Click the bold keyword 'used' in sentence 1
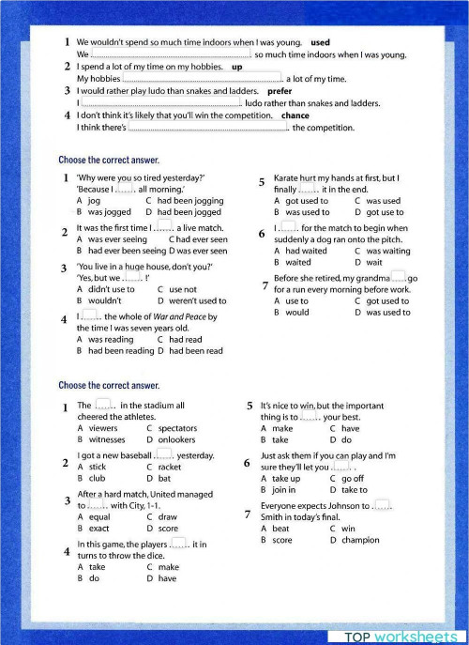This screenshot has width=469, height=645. pos(320,42)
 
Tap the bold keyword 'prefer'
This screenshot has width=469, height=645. pos(280,91)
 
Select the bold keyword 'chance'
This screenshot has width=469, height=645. pos(295,115)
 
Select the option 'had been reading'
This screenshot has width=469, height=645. pos(120,351)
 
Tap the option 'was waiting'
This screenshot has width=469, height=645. pos(387,251)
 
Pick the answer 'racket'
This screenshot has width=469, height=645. pos(170,467)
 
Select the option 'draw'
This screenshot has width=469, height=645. pos(168,516)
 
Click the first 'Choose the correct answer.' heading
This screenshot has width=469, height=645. pos(109,161)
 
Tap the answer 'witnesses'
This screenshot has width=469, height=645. pos(106,439)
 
